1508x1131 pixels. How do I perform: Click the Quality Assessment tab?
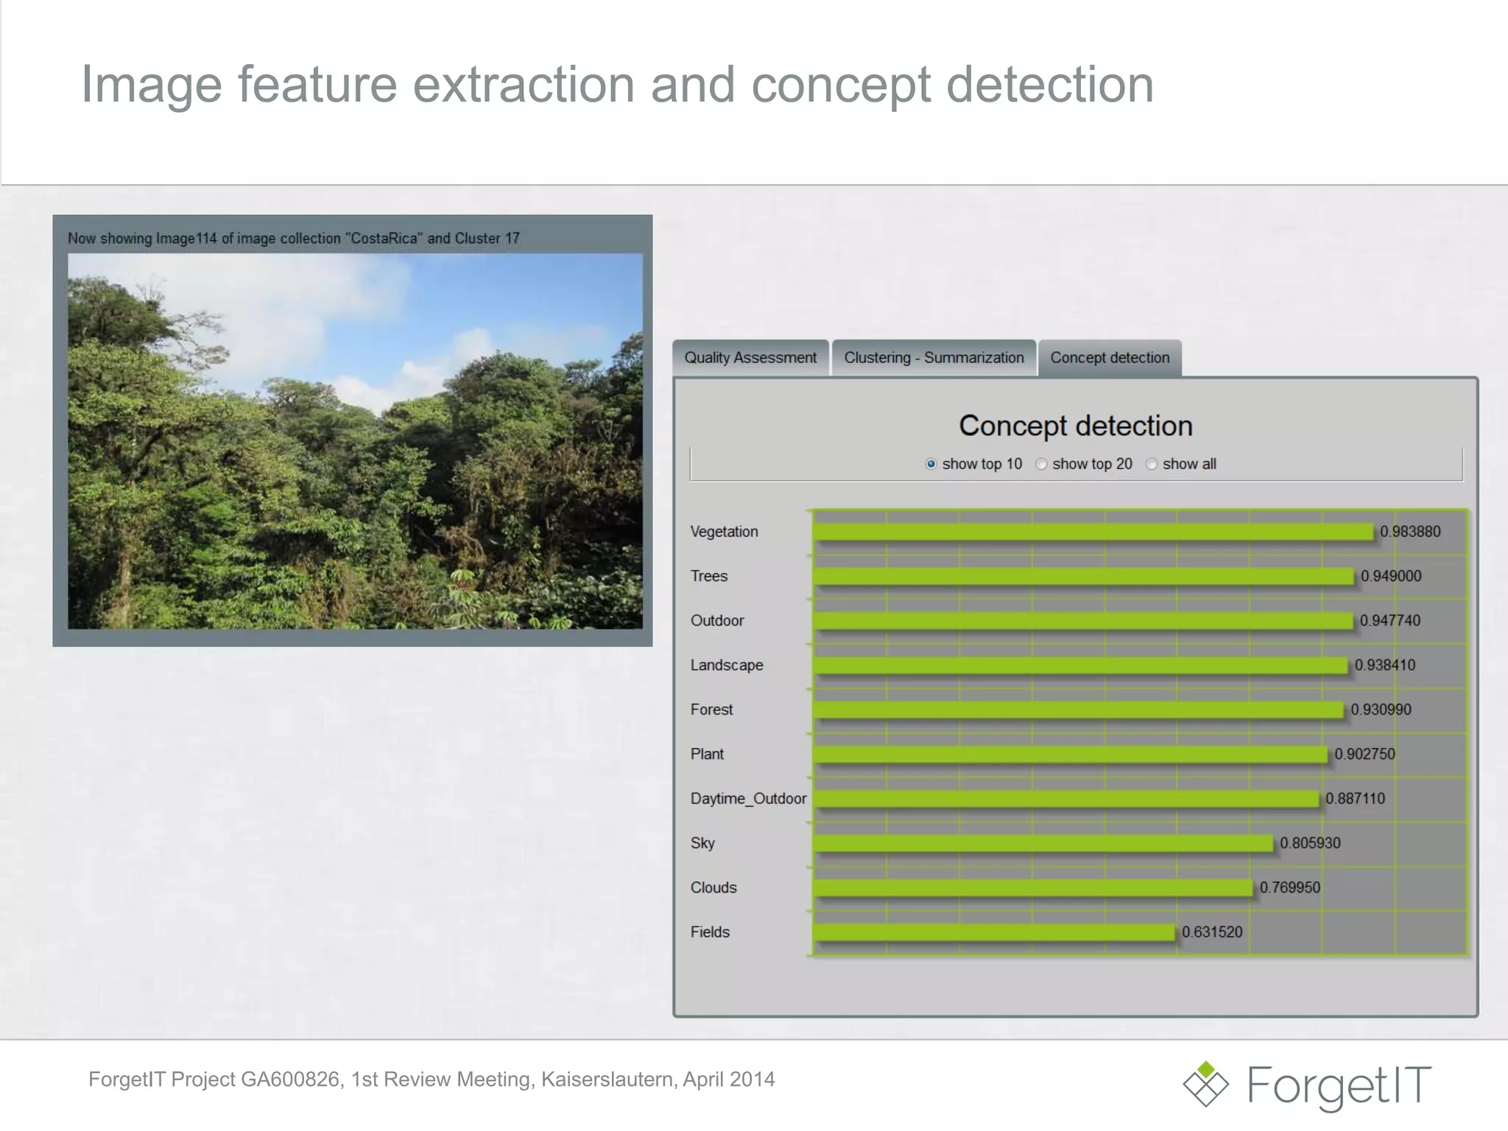[x=750, y=358]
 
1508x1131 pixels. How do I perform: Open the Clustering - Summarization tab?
[x=934, y=358]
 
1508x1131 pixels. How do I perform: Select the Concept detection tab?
[x=1110, y=358]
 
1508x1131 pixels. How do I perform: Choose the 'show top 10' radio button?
[x=931, y=464]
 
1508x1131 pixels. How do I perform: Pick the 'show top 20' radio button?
[x=1041, y=464]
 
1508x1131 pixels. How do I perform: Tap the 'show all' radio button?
[x=1152, y=464]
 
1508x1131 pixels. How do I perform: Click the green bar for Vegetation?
[x=1093, y=532]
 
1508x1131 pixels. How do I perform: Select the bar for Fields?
[x=994, y=932]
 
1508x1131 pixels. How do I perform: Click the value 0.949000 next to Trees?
[x=1391, y=577]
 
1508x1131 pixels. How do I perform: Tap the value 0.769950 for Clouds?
[x=1290, y=888]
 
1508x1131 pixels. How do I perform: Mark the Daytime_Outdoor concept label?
[x=748, y=799]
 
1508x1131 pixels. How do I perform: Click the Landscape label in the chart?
[x=727, y=666]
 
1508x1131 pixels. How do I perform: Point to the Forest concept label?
[x=711, y=710]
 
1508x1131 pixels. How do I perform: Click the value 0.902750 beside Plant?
[x=1364, y=755]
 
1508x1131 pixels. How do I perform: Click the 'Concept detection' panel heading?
[x=1075, y=426]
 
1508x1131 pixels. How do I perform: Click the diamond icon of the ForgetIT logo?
[x=1205, y=1083]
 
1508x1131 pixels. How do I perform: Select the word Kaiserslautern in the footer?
[x=607, y=1079]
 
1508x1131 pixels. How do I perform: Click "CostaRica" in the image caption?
[x=384, y=239]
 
